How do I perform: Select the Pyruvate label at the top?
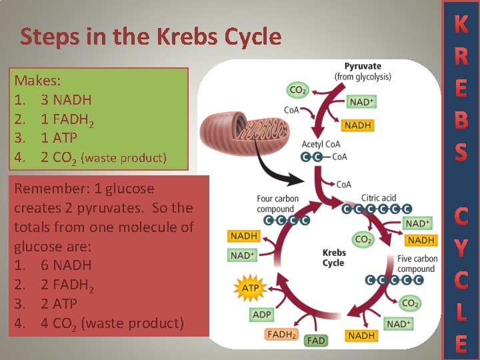coord(363,66)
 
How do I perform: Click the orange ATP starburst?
coord(249,289)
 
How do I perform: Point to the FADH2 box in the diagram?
coord(282,334)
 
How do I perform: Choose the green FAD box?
coord(315,340)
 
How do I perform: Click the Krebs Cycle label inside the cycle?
coord(333,258)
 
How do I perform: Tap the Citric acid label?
coord(379,198)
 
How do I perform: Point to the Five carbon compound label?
coord(417,264)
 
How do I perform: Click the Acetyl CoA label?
coord(321,144)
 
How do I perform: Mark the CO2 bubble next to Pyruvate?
coord(297,89)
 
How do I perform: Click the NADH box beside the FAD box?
coord(361,335)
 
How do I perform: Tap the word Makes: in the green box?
coord(38,81)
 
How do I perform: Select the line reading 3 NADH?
coord(65,100)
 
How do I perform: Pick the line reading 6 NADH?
coord(65,265)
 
